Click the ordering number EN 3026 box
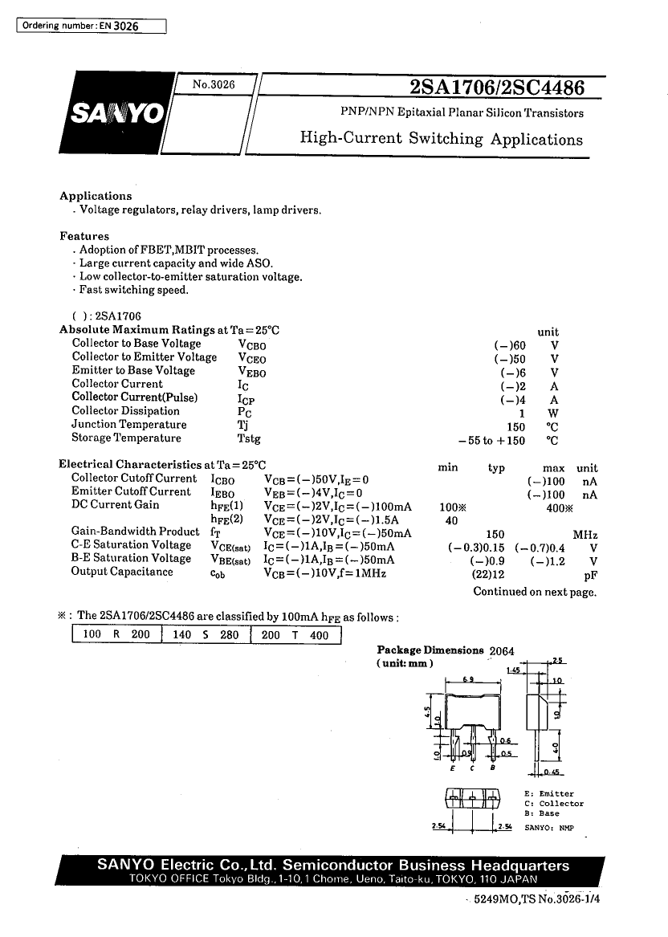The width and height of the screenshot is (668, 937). [91, 26]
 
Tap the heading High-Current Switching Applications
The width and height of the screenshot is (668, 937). [441, 138]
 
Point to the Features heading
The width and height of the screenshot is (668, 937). [84, 236]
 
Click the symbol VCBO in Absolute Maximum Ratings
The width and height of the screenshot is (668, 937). [252, 344]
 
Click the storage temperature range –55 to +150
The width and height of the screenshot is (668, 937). [491, 440]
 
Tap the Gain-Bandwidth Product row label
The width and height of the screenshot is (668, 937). [135, 532]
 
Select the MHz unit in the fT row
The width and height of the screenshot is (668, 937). [584, 535]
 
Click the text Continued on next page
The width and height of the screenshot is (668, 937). [535, 592]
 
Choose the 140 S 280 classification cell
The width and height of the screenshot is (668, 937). [206, 634]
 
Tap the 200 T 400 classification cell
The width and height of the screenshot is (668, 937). [295, 634]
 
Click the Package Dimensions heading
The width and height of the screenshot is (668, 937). [430, 650]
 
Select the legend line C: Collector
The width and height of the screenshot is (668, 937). [553, 804]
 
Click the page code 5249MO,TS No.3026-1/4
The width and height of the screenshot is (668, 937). [537, 900]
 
